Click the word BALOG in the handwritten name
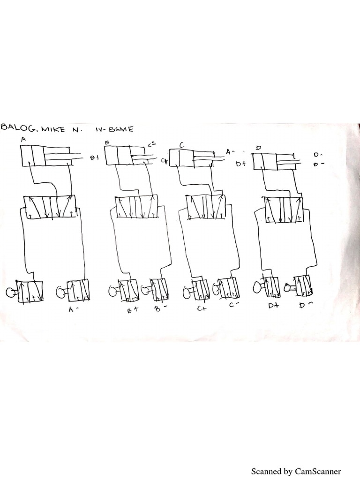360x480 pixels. click(18, 128)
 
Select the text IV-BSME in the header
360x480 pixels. click(117, 128)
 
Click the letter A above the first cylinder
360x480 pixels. click(23, 139)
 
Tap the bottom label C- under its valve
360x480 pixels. click(235, 305)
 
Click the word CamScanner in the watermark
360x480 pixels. click(317, 471)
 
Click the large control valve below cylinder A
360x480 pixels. click(51, 206)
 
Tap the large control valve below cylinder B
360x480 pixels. click(136, 207)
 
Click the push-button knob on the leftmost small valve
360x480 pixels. click(10, 293)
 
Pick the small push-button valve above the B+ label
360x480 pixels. click(127, 291)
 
